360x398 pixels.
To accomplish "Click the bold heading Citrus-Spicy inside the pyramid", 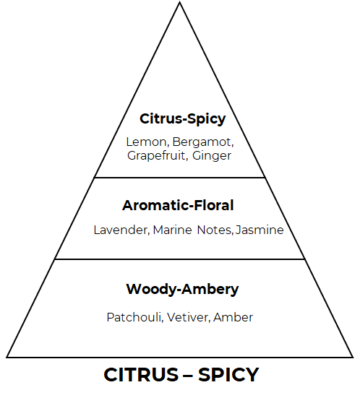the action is (x=183, y=118).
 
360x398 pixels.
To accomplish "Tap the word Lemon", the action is (x=146, y=142).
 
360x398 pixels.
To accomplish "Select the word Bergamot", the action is (x=202, y=142).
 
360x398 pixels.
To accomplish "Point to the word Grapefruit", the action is (x=156, y=155).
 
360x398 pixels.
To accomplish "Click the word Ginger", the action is (x=212, y=155).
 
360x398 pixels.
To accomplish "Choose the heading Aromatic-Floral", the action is (x=178, y=205).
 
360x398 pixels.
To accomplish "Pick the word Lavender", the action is (x=121, y=230).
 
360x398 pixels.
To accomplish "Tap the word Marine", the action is (x=172, y=230).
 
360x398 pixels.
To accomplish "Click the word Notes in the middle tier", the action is (x=214, y=230).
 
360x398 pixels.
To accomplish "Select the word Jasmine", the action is (x=260, y=230).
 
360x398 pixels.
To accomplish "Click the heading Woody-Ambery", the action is (x=182, y=289).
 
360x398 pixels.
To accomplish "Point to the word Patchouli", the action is (x=134, y=317).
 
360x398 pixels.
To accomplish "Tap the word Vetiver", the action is (x=188, y=317).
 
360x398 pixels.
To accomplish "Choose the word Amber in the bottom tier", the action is (x=233, y=317).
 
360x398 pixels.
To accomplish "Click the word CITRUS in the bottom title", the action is (x=141, y=375).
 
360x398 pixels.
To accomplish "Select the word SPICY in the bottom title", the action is (x=228, y=375).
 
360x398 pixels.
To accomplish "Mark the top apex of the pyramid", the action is (x=179, y=2).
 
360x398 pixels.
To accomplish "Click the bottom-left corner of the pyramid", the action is (x=7, y=358).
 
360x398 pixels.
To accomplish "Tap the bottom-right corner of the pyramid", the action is (x=353, y=358).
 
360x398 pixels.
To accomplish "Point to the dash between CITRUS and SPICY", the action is (x=188, y=376).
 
